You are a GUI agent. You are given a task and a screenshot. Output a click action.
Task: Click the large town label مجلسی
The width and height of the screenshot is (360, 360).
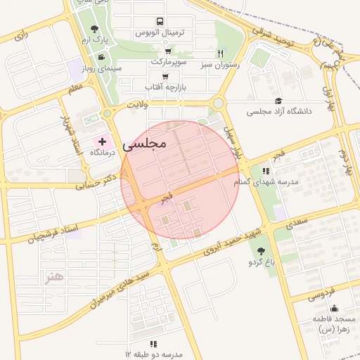point(144,144)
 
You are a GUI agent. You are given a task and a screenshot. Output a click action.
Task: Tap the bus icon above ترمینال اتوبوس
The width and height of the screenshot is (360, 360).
point(160,22)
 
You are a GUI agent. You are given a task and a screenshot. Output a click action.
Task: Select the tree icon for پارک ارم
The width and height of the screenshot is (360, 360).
point(95,29)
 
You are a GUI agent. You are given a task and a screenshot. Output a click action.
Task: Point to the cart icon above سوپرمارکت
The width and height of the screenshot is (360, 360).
point(168,51)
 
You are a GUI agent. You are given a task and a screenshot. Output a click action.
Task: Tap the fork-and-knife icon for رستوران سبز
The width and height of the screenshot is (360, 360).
point(220,53)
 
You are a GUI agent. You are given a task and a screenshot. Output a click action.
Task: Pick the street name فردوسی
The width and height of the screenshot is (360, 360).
point(325,295)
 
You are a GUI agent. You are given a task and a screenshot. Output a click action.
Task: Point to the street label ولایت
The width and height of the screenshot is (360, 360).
point(138,103)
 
